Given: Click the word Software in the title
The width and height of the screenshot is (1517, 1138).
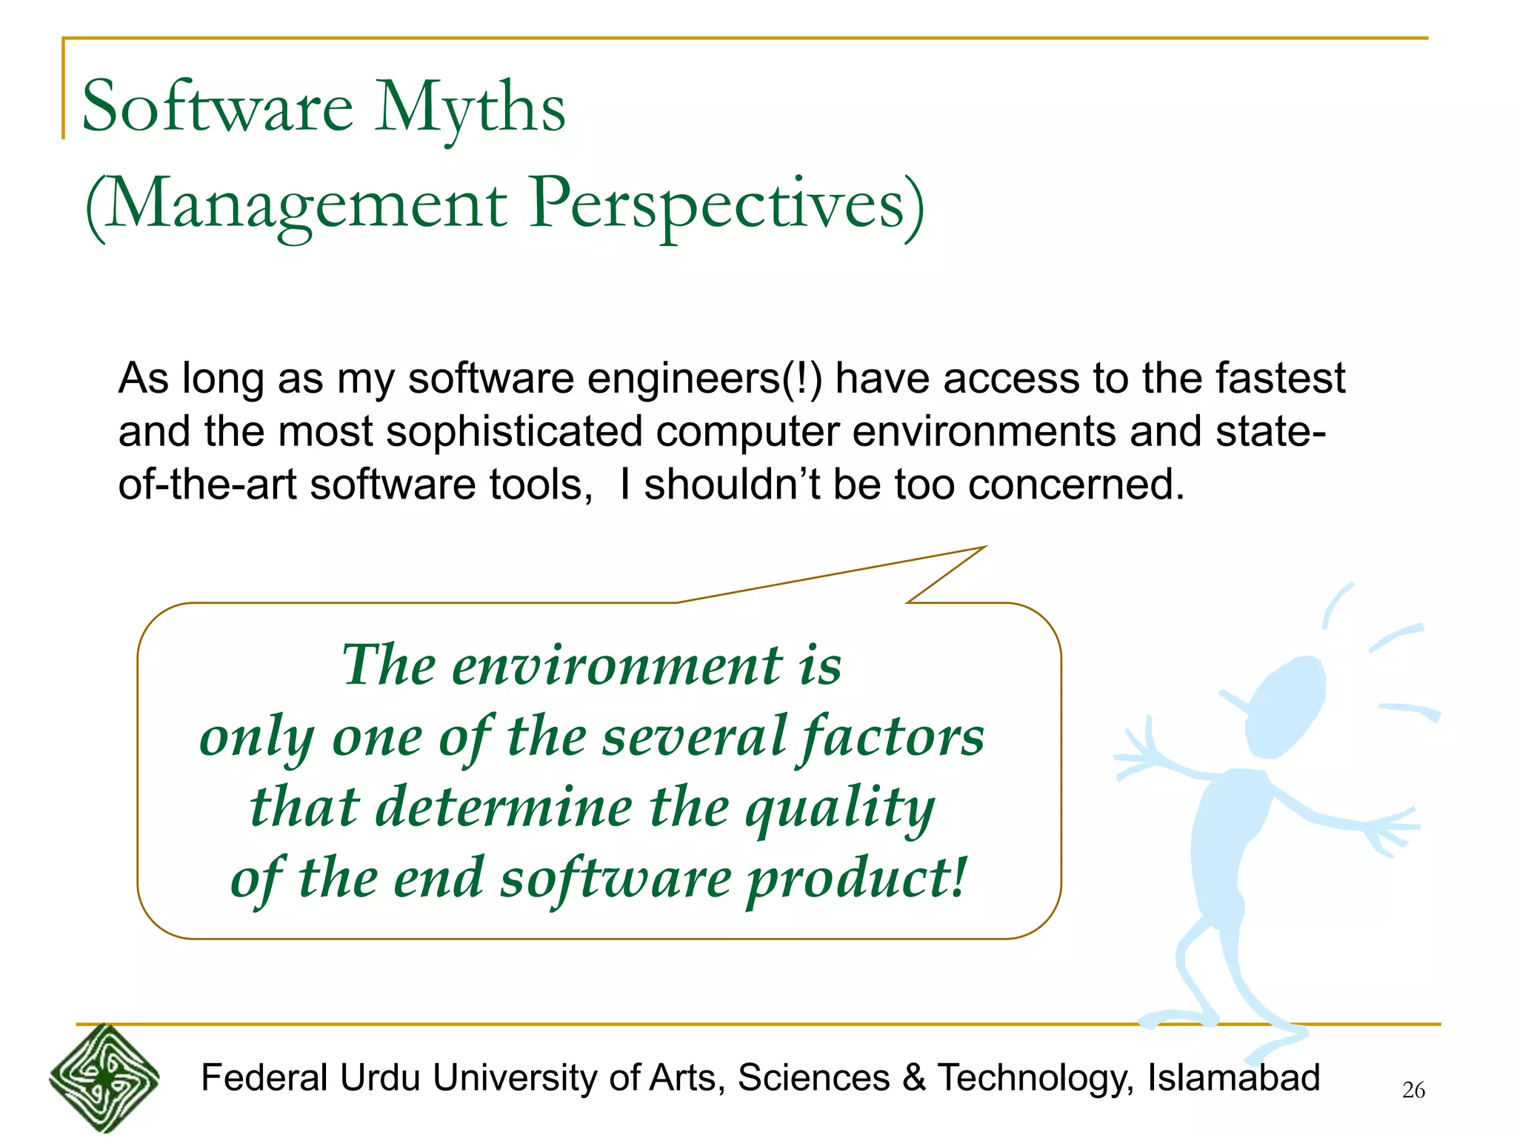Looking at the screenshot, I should [x=218, y=107].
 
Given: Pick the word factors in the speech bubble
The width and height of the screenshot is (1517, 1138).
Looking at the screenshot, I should [x=892, y=738].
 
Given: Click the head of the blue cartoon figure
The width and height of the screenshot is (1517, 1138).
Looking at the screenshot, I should [x=1284, y=708].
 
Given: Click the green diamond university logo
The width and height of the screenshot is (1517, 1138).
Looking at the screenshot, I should [x=104, y=1079].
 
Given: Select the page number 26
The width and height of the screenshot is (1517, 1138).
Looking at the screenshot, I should [x=1413, y=1091].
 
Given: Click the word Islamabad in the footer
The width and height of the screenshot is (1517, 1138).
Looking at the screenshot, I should [x=1233, y=1078].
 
